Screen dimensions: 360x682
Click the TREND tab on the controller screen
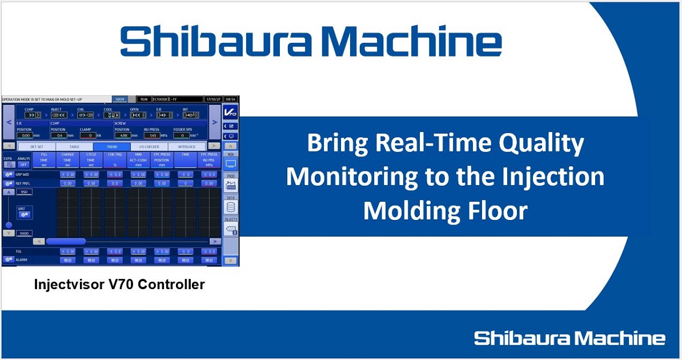pos(113,146)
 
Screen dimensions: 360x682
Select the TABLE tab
pos(75,146)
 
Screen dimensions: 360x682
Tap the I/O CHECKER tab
pos(149,146)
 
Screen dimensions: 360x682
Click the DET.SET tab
pos(38,146)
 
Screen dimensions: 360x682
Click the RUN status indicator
pos(144,99)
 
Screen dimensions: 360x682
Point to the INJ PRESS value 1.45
pos(151,135)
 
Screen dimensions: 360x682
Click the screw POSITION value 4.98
pos(123,135)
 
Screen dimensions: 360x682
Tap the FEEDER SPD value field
pos(182,135)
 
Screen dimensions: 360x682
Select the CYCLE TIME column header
pos(90,161)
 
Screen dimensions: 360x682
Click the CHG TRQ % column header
pos(114,161)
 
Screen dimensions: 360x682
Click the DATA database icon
pos(231,207)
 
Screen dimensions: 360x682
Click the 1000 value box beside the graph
pos(24,234)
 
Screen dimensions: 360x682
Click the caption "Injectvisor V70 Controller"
pos(119,284)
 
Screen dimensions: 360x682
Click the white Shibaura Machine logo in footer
pos(569,338)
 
